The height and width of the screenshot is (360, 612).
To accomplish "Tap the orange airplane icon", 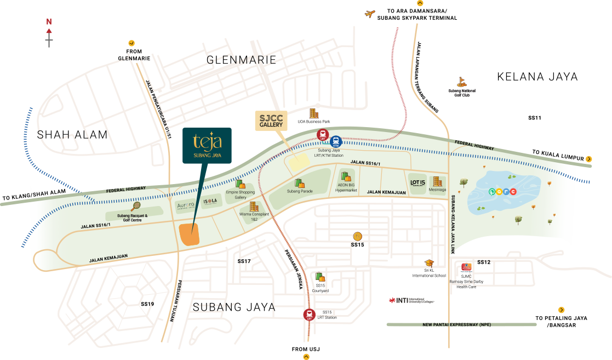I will coord(370,14).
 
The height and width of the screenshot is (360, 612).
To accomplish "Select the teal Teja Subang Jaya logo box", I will coord(207,145).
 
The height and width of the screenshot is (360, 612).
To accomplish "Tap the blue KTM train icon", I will coord(336,141).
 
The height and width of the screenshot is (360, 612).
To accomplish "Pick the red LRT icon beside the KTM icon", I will coord(323,134).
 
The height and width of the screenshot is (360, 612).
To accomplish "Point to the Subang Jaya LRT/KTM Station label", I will coord(330,153).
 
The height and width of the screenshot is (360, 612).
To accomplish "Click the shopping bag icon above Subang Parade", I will coord(299,183).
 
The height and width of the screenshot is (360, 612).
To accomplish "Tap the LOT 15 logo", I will coord(418,183).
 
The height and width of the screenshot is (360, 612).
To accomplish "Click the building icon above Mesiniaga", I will coord(437,181).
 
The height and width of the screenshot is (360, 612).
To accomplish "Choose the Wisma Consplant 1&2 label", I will coord(254,216).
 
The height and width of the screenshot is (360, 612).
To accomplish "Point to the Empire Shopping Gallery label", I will coord(240,195).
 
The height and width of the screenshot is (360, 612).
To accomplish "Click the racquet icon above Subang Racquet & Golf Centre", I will coord(135,206).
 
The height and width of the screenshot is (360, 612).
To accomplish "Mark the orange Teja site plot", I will coord(188,234).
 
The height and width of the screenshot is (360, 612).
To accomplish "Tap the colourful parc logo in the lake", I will coord(502,192).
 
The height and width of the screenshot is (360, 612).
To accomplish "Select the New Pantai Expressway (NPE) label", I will coord(456,324).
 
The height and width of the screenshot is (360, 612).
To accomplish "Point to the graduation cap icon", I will coord(429,264).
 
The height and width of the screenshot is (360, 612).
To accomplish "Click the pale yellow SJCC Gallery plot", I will coord(299,162).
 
